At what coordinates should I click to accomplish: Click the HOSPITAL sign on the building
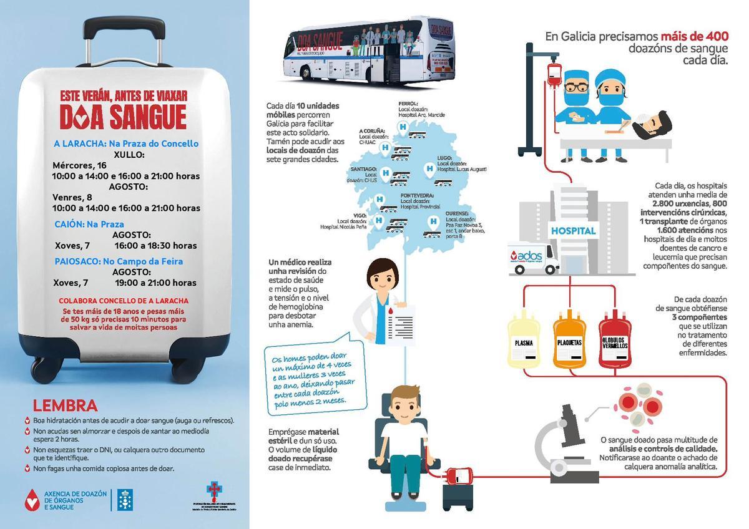(573, 230)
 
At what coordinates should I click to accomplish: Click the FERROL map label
(409, 104)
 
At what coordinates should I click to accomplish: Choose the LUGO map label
(444, 158)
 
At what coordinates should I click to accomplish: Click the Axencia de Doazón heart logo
(31, 499)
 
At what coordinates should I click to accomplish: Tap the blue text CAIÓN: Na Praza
(89, 224)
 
